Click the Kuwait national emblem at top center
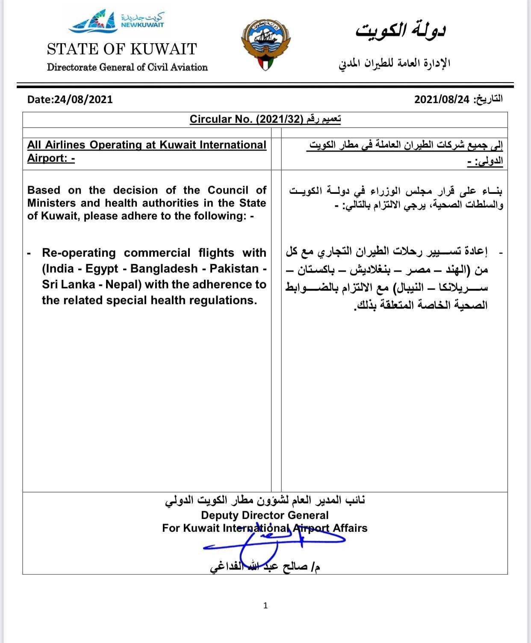(266, 44)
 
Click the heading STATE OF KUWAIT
(122, 49)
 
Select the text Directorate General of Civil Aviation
(127, 67)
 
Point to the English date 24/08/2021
(83, 99)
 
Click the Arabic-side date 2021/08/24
(442, 99)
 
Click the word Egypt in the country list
(102, 269)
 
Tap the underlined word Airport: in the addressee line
(47, 158)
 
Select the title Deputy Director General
(265, 515)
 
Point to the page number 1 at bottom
(265, 605)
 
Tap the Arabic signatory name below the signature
(265, 567)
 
